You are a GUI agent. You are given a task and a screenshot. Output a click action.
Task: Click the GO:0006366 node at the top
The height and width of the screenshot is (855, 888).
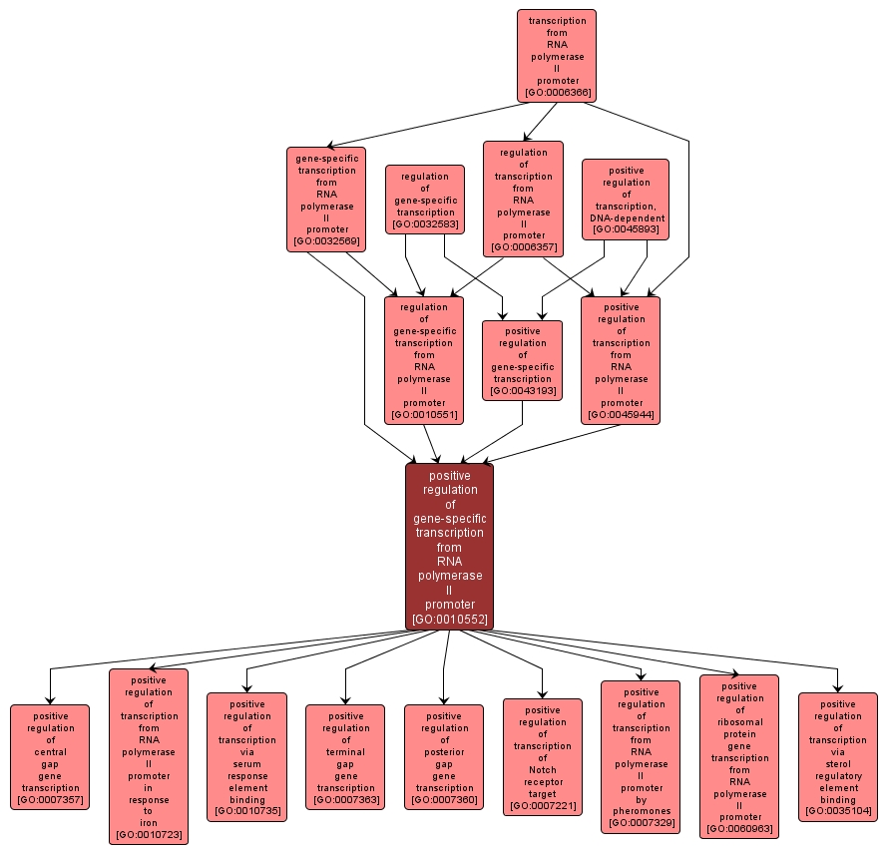pos(556,56)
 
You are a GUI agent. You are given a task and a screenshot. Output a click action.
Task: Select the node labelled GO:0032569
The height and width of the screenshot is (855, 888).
pos(326,198)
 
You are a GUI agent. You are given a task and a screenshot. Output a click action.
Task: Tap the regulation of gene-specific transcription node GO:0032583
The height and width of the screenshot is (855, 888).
pos(425,200)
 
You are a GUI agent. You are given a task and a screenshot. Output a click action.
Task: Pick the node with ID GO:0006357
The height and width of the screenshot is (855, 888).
pos(523,200)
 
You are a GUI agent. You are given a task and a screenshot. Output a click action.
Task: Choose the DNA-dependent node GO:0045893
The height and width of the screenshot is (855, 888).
pos(626,200)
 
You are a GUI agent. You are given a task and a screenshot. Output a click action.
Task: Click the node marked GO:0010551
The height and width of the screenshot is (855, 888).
pos(424,360)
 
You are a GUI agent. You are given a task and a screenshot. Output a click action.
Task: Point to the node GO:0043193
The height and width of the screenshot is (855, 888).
pos(522,360)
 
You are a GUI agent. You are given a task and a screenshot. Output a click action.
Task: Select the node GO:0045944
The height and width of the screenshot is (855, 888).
pos(621,360)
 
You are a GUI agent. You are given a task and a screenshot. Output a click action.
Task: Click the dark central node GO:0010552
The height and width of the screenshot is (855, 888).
pos(449,547)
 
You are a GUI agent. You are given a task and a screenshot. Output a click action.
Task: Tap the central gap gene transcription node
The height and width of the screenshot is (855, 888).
pos(50,757)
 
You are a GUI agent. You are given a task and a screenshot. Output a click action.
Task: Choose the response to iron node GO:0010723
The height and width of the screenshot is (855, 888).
pos(148,757)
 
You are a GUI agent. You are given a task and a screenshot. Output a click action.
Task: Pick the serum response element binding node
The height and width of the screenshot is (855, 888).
pos(246,757)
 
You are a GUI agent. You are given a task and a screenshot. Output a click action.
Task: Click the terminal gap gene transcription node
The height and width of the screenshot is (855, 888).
pos(345,757)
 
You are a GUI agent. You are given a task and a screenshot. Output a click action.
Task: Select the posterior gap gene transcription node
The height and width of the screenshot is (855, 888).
pos(443,757)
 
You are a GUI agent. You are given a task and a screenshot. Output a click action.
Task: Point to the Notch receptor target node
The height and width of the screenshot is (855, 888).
pos(542,757)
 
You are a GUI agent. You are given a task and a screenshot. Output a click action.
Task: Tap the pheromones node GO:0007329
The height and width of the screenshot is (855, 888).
pos(641,757)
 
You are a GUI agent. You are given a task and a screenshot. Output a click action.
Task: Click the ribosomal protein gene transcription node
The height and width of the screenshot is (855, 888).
pos(738,757)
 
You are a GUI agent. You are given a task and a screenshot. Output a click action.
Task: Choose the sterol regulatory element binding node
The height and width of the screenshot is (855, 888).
pos(837,757)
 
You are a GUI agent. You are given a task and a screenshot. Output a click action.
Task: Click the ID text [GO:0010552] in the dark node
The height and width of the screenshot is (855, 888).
pos(449,620)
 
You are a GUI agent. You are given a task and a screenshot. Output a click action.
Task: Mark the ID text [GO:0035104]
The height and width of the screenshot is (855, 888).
pos(837,811)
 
